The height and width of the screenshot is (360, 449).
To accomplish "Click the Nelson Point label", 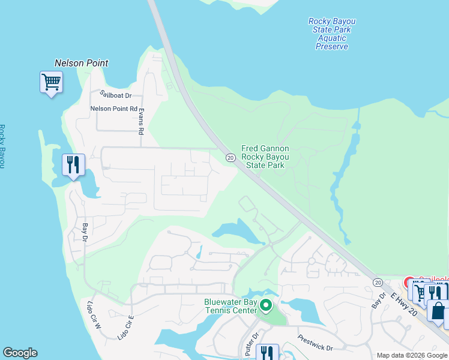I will coord(81,63).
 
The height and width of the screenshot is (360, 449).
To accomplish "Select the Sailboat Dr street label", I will coord(116,95).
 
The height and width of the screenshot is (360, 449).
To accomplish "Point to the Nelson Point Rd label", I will coord(113,109).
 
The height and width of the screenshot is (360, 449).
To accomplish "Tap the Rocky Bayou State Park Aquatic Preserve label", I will coord(332,34).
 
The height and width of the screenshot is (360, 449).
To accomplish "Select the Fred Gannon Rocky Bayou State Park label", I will coord(265,157).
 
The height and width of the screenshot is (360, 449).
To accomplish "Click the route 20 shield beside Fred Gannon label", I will coord(230,157).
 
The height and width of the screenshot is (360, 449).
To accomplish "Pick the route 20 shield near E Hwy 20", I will coord(378,282).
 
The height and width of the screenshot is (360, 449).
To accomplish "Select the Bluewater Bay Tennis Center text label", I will coord(231,305).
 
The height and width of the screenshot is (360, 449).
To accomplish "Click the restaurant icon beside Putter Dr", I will coord(266,353).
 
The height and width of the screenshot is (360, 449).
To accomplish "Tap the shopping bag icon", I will coord(438,313).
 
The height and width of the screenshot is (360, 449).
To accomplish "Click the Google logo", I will coord(19,353).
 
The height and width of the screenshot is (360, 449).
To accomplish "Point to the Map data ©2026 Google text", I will coord(411,355).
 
